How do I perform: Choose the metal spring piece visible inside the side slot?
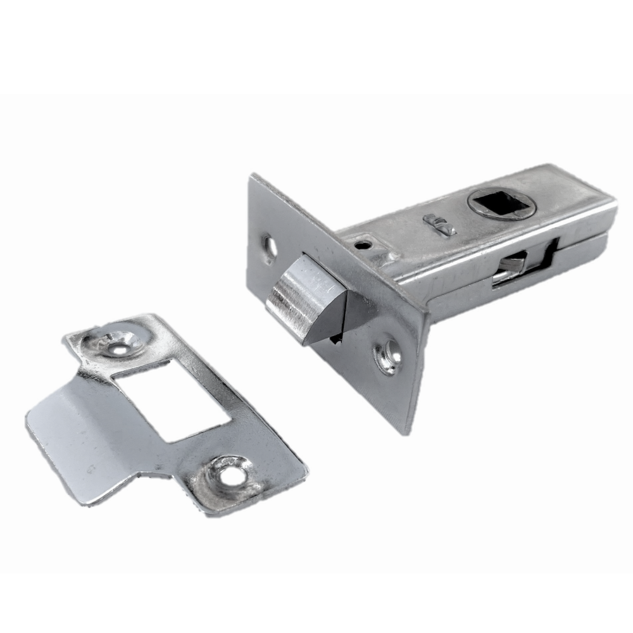pos(513,266)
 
